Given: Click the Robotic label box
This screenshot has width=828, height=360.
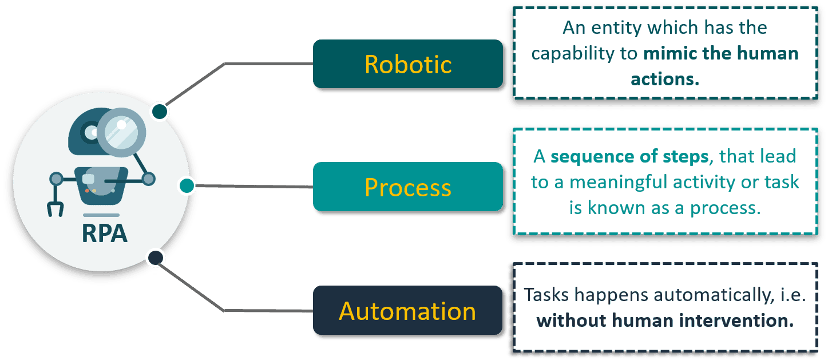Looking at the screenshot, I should click(407, 64).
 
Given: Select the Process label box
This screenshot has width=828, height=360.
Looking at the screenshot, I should click(407, 187).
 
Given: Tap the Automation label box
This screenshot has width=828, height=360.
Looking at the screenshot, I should click(407, 310).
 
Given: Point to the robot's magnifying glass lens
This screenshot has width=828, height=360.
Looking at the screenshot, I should click(121, 132).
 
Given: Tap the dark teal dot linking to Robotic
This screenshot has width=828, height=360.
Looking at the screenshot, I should click(160, 111).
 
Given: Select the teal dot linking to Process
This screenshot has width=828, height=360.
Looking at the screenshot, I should click(187, 185).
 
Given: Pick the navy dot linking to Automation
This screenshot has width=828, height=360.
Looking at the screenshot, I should click(155, 258).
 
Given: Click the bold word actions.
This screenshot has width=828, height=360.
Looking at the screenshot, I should click(665, 79).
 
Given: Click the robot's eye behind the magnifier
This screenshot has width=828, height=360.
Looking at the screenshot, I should click(92, 133).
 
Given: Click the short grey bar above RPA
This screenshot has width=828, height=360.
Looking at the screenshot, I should click(101, 215).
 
